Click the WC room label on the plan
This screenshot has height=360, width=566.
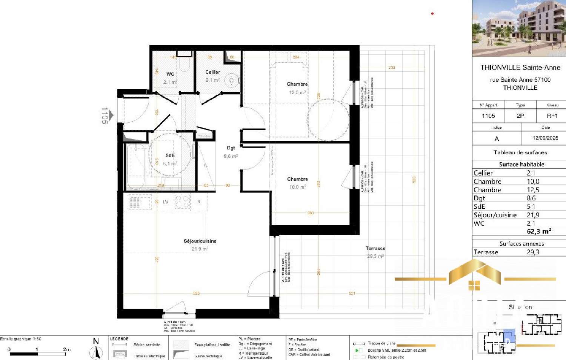170,74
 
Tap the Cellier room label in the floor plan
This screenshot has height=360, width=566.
213,72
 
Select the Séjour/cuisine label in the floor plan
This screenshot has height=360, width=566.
200,241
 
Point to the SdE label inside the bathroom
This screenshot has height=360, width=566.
170,155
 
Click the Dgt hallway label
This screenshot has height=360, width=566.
231,148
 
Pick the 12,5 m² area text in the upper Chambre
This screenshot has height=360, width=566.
297,92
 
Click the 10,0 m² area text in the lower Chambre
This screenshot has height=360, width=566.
297,187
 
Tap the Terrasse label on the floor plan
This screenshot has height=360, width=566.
375,248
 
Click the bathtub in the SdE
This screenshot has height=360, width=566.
135,166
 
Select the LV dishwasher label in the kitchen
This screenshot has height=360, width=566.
166,202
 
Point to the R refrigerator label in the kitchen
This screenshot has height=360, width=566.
199,202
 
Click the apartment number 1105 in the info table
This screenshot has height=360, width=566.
488,116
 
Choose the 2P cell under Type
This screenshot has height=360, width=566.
520,116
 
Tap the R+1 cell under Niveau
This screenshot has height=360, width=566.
552,116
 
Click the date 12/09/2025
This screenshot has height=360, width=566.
545,138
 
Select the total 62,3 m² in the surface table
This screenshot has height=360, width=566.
539,231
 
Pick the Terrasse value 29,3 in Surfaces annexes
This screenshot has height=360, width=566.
533,252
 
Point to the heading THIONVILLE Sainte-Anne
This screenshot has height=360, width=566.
520,68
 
